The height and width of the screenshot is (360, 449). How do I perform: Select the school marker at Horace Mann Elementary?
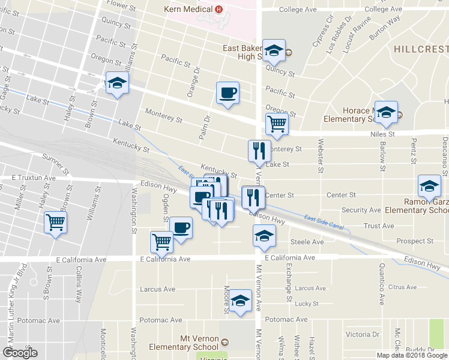[387, 113]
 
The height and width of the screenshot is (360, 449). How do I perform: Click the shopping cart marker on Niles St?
[277, 124]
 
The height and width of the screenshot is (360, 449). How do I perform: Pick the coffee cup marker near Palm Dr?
[228, 93]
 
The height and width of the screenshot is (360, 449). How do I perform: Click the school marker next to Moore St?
[241, 301]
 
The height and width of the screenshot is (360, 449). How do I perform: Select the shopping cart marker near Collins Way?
[56, 223]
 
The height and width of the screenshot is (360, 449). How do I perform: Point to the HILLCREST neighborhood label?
[421, 48]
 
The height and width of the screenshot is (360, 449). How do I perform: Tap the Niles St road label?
[382, 134]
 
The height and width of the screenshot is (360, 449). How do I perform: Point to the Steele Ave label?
[307, 242]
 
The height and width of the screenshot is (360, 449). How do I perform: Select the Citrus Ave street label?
[402, 287]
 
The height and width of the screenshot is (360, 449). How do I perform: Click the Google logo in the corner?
[20, 353]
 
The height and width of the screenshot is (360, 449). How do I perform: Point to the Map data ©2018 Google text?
[411, 355]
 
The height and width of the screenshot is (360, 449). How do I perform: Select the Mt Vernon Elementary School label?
[186, 343]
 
